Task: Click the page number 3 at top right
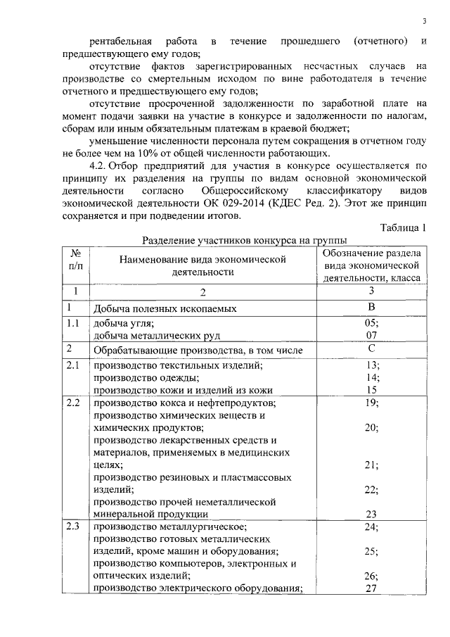[x=424, y=21]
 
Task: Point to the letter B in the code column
[x=371, y=307]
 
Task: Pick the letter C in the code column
[x=371, y=348]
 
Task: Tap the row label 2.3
[x=73, y=526]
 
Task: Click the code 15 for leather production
[x=372, y=389]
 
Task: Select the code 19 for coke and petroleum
[x=372, y=403]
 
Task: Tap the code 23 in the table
[x=372, y=513]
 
